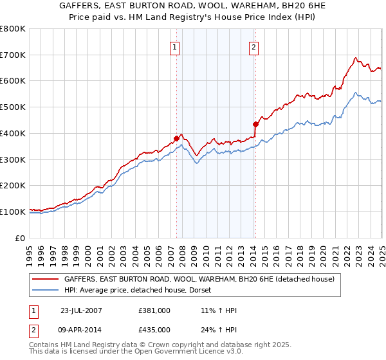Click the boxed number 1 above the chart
175,46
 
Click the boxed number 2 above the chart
254,46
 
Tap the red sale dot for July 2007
176,138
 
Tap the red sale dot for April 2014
255,124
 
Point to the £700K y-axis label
12,55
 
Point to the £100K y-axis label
12,212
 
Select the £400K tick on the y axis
12,133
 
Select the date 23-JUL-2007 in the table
82,310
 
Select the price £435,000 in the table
154,329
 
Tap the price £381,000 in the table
154,310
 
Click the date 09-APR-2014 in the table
82,329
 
